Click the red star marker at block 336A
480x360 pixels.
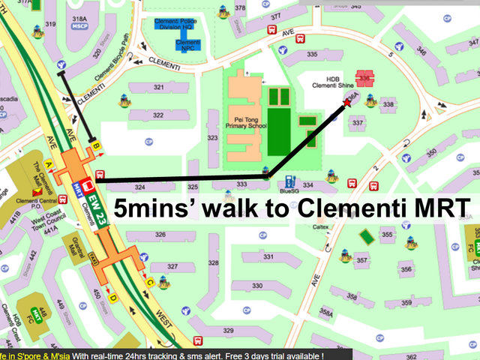tap(347, 106)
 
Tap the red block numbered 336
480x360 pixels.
tap(365, 78)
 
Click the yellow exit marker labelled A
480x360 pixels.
tap(49, 163)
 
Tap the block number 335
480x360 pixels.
tap(312, 54)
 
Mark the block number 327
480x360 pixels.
tap(172, 266)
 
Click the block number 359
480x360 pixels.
tap(405, 303)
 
